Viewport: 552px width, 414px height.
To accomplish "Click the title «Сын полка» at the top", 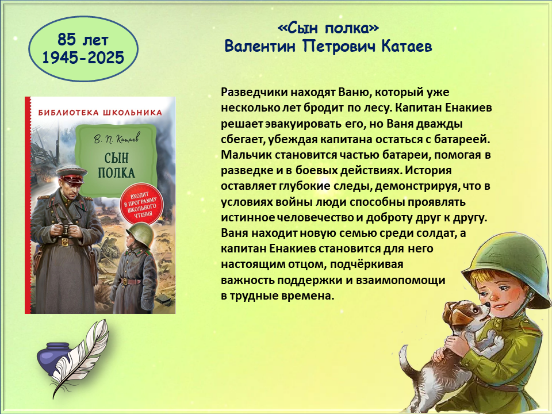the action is [328, 28].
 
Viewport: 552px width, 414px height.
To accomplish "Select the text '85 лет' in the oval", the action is [83, 40].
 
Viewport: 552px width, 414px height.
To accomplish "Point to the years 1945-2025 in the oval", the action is [83, 57].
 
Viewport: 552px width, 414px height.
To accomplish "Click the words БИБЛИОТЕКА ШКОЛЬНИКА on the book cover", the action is [100, 113].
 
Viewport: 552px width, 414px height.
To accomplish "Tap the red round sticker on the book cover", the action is [141, 204].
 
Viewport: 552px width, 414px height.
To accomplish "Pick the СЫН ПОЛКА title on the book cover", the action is [117, 165].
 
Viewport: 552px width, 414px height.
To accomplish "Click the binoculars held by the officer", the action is [67, 230].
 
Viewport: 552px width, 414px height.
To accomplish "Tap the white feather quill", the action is [80, 357].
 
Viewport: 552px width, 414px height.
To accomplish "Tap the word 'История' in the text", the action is [428, 170].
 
